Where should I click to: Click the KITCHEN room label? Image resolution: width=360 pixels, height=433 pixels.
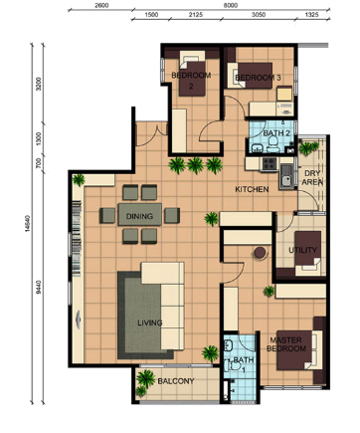[252, 189]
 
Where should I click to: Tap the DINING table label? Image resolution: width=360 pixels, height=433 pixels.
[139, 216]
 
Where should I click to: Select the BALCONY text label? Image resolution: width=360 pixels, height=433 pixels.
[176, 381]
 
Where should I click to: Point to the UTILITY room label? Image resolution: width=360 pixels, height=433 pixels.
[302, 250]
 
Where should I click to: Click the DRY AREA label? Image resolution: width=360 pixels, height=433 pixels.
[312, 178]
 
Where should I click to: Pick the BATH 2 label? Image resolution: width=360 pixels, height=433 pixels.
[276, 133]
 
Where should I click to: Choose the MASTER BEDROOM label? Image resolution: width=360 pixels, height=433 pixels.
[286, 344]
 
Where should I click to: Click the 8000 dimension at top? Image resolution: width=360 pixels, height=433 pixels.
[231, 5]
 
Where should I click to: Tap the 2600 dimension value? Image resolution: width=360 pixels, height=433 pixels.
[101, 5]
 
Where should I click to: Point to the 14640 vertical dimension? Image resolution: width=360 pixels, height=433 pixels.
[28, 224]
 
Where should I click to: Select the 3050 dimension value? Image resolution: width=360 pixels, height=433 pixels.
[259, 15]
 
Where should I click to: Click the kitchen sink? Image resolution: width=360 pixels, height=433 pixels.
[286, 176]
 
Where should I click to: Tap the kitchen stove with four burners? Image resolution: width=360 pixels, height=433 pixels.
[270, 163]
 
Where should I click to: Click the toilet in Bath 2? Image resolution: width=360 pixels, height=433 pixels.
[273, 144]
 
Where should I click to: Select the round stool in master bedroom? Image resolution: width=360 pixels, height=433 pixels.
[260, 253]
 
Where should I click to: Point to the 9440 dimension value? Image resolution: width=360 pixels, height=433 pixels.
[39, 288]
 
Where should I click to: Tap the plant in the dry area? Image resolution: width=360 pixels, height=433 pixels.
[308, 148]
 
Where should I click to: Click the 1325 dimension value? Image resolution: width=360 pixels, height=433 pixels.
[312, 15]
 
